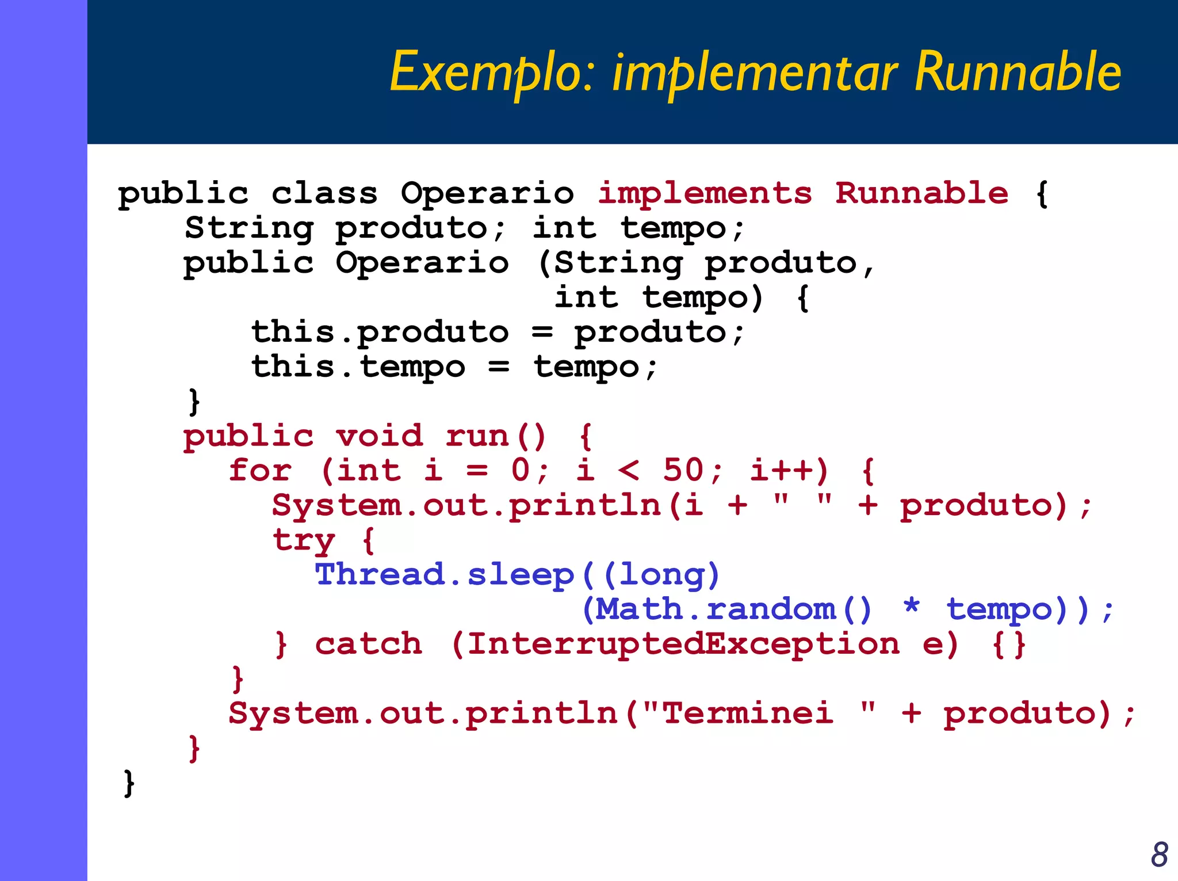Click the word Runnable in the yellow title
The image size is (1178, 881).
point(1018,72)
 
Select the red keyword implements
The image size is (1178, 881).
point(705,193)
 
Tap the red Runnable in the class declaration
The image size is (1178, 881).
point(921,193)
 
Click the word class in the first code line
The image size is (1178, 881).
point(324,193)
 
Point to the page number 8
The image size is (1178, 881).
point(1159,855)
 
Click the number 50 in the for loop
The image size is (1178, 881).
point(683,470)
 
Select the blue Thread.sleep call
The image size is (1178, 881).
point(445,574)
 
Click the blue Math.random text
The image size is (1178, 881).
point(715,609)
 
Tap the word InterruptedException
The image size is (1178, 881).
point(683,644)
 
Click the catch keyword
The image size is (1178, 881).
point(368,644)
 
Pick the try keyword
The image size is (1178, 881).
point(303,540)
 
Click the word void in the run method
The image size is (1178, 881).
point(380,436)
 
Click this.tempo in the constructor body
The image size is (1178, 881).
point(358,367)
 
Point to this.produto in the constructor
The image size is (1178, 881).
point(380,332)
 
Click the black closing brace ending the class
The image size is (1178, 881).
point(129,783)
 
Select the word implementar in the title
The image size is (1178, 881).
point(754,72)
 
